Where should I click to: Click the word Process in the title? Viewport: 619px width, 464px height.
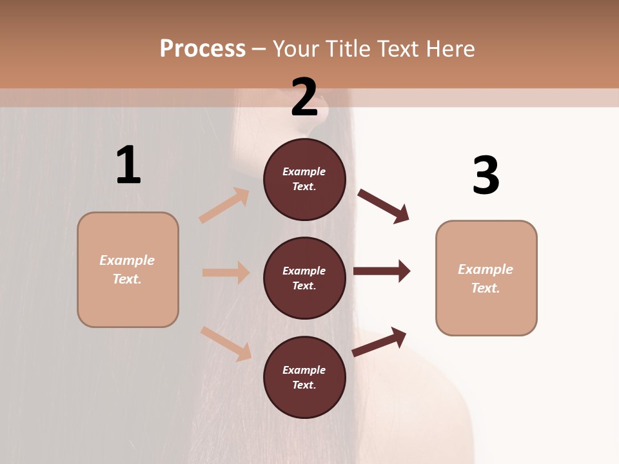point(202,49)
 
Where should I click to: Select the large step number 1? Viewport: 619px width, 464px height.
point(128,165)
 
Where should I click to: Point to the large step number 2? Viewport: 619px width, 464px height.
point(304,97)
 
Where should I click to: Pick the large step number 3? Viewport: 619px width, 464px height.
point(486,175)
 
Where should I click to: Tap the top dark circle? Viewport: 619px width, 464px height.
point(304,179)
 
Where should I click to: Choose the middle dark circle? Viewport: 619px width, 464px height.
point(304,278)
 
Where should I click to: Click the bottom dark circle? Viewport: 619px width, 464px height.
point(304,378)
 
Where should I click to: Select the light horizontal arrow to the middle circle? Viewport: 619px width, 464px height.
point(226,273)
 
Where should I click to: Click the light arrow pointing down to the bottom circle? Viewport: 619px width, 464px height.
point(226,343)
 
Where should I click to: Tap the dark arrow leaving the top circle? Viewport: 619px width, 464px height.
point(384,206)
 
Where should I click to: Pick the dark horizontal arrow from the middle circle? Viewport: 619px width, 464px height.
point(382,271)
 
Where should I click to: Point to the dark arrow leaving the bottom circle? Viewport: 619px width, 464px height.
point(379,342)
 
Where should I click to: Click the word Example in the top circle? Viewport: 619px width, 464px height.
point(304,171)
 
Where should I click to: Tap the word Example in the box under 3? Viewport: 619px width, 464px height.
point(486,269)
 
